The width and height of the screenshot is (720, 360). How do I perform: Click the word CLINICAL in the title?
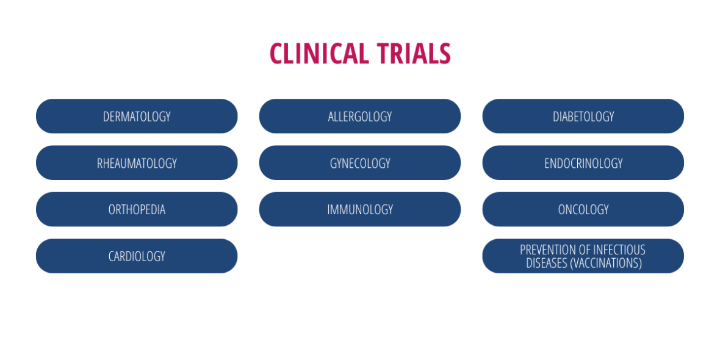pos(319,53)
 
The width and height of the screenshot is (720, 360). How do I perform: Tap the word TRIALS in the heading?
pos(414,53)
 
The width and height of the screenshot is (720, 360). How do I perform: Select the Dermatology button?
pos(137,116)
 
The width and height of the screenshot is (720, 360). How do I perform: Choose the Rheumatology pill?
pos(137,163)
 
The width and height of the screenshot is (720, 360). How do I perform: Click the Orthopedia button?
pos(137,209)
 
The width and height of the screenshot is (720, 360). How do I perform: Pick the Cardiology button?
pos(137,256)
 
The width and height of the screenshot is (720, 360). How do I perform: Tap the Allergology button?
pos(360,116)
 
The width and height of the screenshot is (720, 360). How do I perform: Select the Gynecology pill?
pos(360,163)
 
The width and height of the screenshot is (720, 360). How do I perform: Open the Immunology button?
pos(360,209)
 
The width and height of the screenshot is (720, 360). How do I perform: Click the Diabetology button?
pos(583,116)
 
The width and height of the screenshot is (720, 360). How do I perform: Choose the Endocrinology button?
pos(583,163)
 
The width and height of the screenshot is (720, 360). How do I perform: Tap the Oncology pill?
pos(583,209)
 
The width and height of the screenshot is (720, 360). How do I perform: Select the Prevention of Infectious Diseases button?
pos(583,256)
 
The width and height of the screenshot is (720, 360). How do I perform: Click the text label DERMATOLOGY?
pos(137,117)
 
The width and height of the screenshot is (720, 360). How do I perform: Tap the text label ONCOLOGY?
pos(583,210)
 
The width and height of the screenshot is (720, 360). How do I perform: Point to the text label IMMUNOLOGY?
pos(360,210)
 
